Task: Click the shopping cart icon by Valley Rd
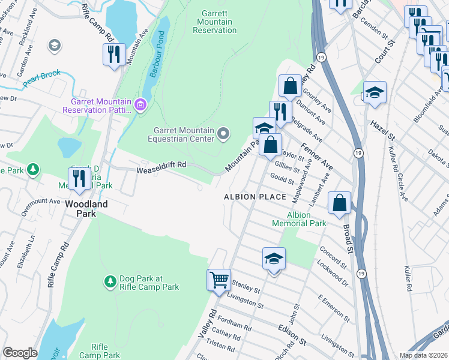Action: click(x=219, y=280)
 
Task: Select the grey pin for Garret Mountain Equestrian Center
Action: click(x=223, y=133)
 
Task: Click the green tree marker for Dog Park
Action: click(x=110, y=281)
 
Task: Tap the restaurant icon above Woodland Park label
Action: click(x=79, y=179)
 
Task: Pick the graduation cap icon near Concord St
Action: click(x=274, y=259)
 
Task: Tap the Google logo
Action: click(x=20, y=353)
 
